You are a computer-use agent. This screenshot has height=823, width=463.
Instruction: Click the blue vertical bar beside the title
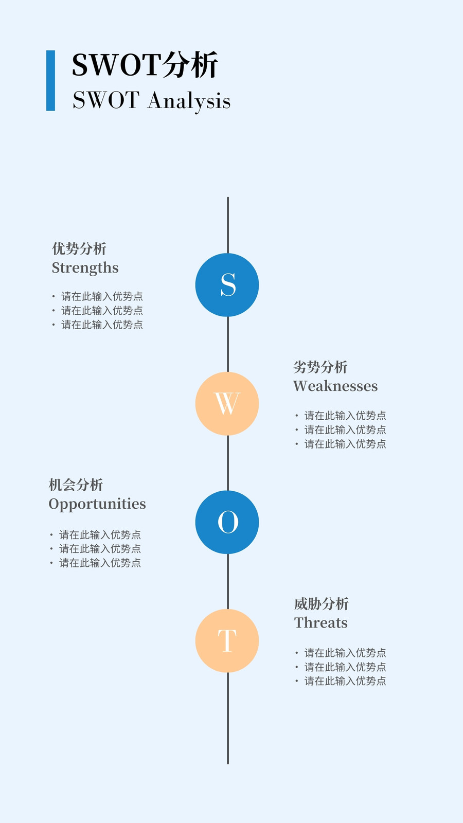click(x=51, y=80)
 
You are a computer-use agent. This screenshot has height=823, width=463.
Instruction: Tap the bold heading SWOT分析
click(x=145, y=65)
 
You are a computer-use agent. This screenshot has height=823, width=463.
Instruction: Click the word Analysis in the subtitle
click(x=189, y=101)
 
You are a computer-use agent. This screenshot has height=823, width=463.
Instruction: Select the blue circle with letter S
click(x=227, y=285)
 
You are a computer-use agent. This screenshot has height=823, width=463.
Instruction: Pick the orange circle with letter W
click(x=227, y=403)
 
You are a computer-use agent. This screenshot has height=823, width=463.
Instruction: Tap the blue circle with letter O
click(x=227, y=522)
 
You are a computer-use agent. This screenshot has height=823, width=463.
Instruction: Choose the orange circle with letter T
click(x=227, y=641)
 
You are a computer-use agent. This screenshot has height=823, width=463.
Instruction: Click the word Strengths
click(x=85, y=268)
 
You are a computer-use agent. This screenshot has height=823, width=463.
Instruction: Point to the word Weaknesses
click(x=335, y=386)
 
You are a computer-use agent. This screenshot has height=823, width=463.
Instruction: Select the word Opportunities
click(x=97, y=505)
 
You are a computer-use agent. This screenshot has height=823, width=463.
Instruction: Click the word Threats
click(x=321, y=623)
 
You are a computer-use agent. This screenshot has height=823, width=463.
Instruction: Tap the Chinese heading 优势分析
click(x=79, y=249)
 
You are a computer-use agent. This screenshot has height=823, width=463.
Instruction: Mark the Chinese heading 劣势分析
click(x=320, y=367)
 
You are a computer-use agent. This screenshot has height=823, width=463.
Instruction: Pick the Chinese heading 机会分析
click(x=76, y=485)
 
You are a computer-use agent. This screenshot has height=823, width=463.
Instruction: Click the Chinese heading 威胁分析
click(x=321, y=604)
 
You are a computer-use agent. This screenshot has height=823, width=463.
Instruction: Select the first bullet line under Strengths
click(x=98, y=296)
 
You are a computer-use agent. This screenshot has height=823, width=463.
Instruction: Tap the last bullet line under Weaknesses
click(x=341, y=444)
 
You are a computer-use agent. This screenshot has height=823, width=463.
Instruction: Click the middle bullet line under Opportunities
click(x=96, y=548)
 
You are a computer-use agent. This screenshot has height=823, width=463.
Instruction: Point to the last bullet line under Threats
click(x=341, y=681)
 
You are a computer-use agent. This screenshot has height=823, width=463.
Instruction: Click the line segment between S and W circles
click(x=228, y=344)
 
